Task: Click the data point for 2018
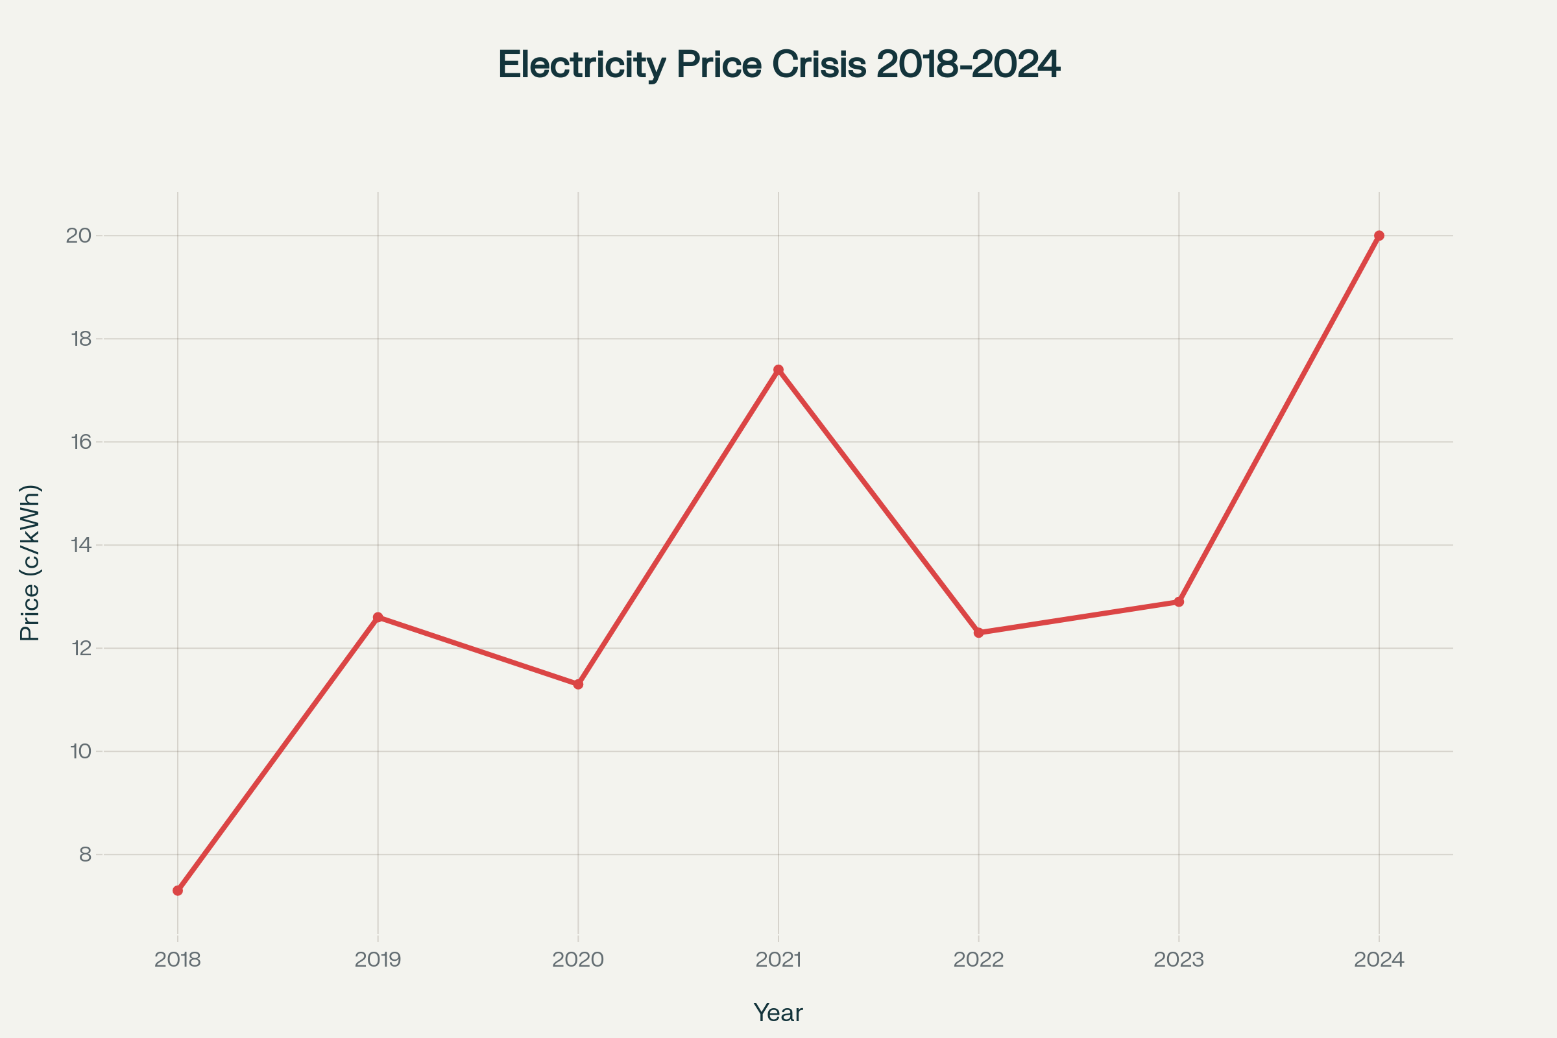pyautogui.click(x=177, y=890)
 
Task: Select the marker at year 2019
pyautogui.click(x=378, y=617)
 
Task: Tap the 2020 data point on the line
pyautogui.click(x=578, y=684)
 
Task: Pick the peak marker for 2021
pyautogui.click(x=779, y=369)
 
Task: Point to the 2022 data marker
pyautogui.click(x=978, y=633)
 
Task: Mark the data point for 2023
pyautogui.click(x=1179, y=602)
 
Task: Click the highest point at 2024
pyautogui.click(x=1379, y=235)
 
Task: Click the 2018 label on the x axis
pyautogui.click(x=177, y=960)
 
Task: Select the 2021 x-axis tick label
pyautogui.click(x=779, y=960)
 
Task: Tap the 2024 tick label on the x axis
pyautogui.click(x=1379, y=960)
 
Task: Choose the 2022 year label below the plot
pyautogui.click(x=978, y=960)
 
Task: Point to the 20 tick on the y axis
pyautogui.click(x=78, y=235)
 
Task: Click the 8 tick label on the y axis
pyautogui.click(x=85, y=854)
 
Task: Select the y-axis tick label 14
pyautogui.click(x=80, y=546)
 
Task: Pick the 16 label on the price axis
pyautogui.click(x=80, y=442)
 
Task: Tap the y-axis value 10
pyautogui.click(x=80, y=751)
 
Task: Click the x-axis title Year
pyautogui.click(x=778, y=1013)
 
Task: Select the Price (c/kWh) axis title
pyautogui.click(x=30, y=562)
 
